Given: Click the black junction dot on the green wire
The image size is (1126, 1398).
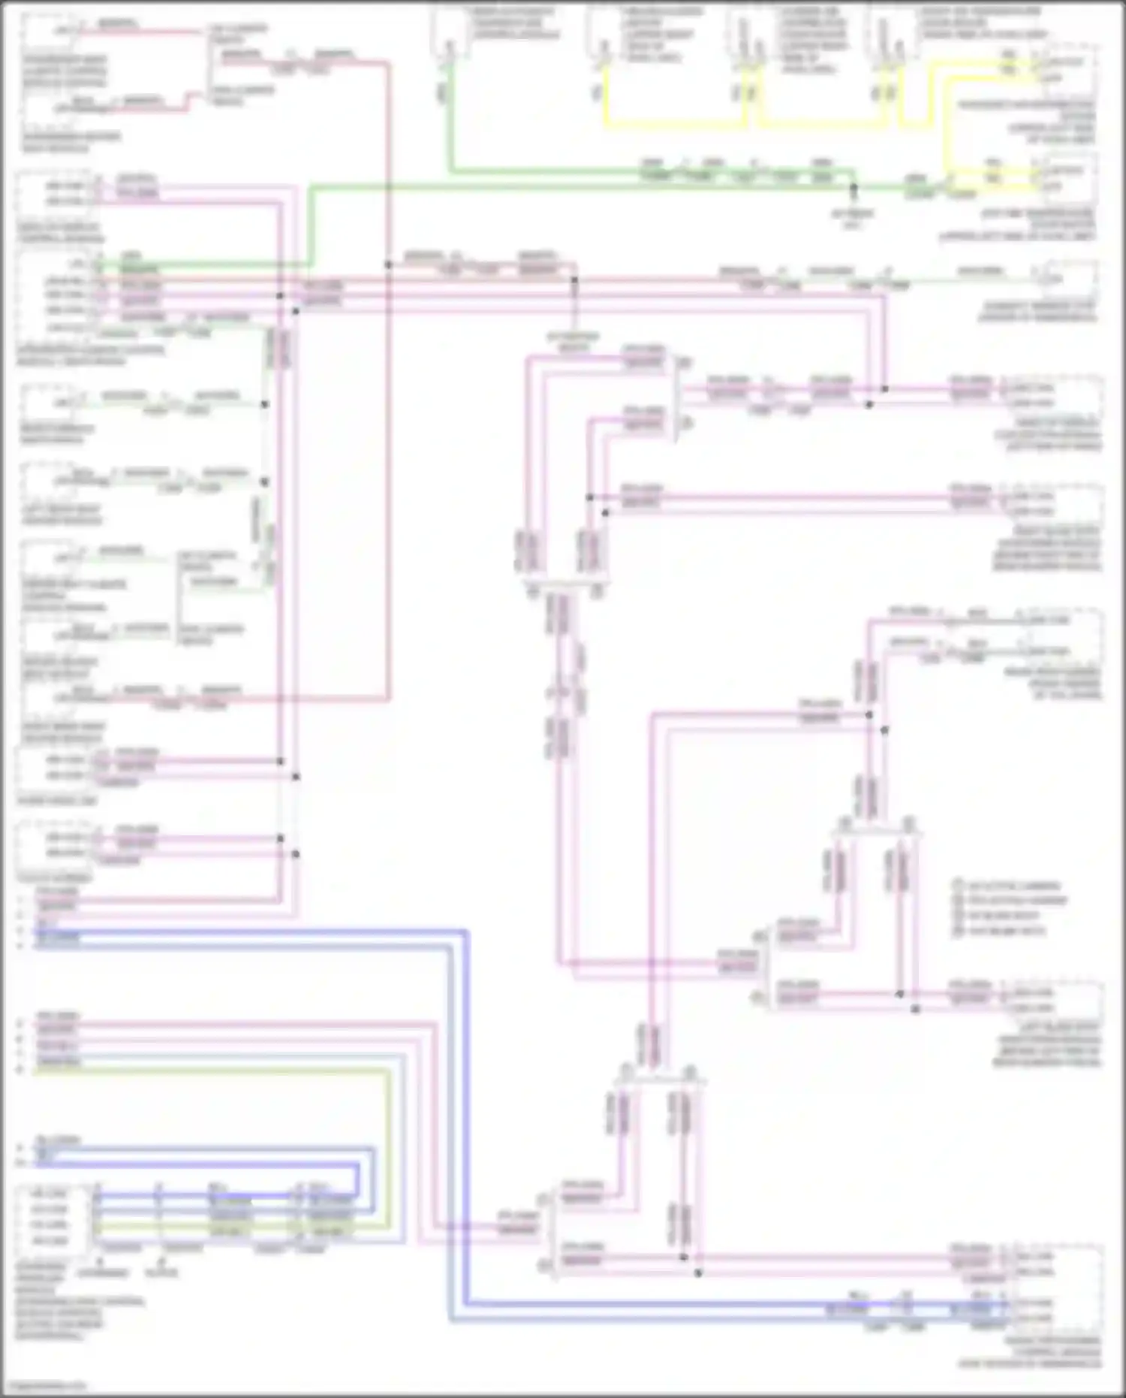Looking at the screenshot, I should (x=853, y=187).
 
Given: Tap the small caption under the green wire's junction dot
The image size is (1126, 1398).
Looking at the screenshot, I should (x=853, y=219).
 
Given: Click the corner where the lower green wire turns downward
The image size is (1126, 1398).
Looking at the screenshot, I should (x=311, y=189).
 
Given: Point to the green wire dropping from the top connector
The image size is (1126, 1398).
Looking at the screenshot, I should (x=449, y=113).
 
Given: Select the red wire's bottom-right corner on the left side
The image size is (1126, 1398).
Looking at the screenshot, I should (x=389, y=699).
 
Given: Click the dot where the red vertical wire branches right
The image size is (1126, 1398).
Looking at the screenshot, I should (x=389, y=264).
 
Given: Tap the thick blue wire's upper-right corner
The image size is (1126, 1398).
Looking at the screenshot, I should (x=466, y=932).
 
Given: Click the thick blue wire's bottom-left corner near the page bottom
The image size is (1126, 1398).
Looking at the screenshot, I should (x=451, y=1319).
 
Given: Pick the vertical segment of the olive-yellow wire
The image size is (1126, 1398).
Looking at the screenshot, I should (x=389, y=1149).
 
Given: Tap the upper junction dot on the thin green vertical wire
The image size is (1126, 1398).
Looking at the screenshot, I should (x=264, y=404).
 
